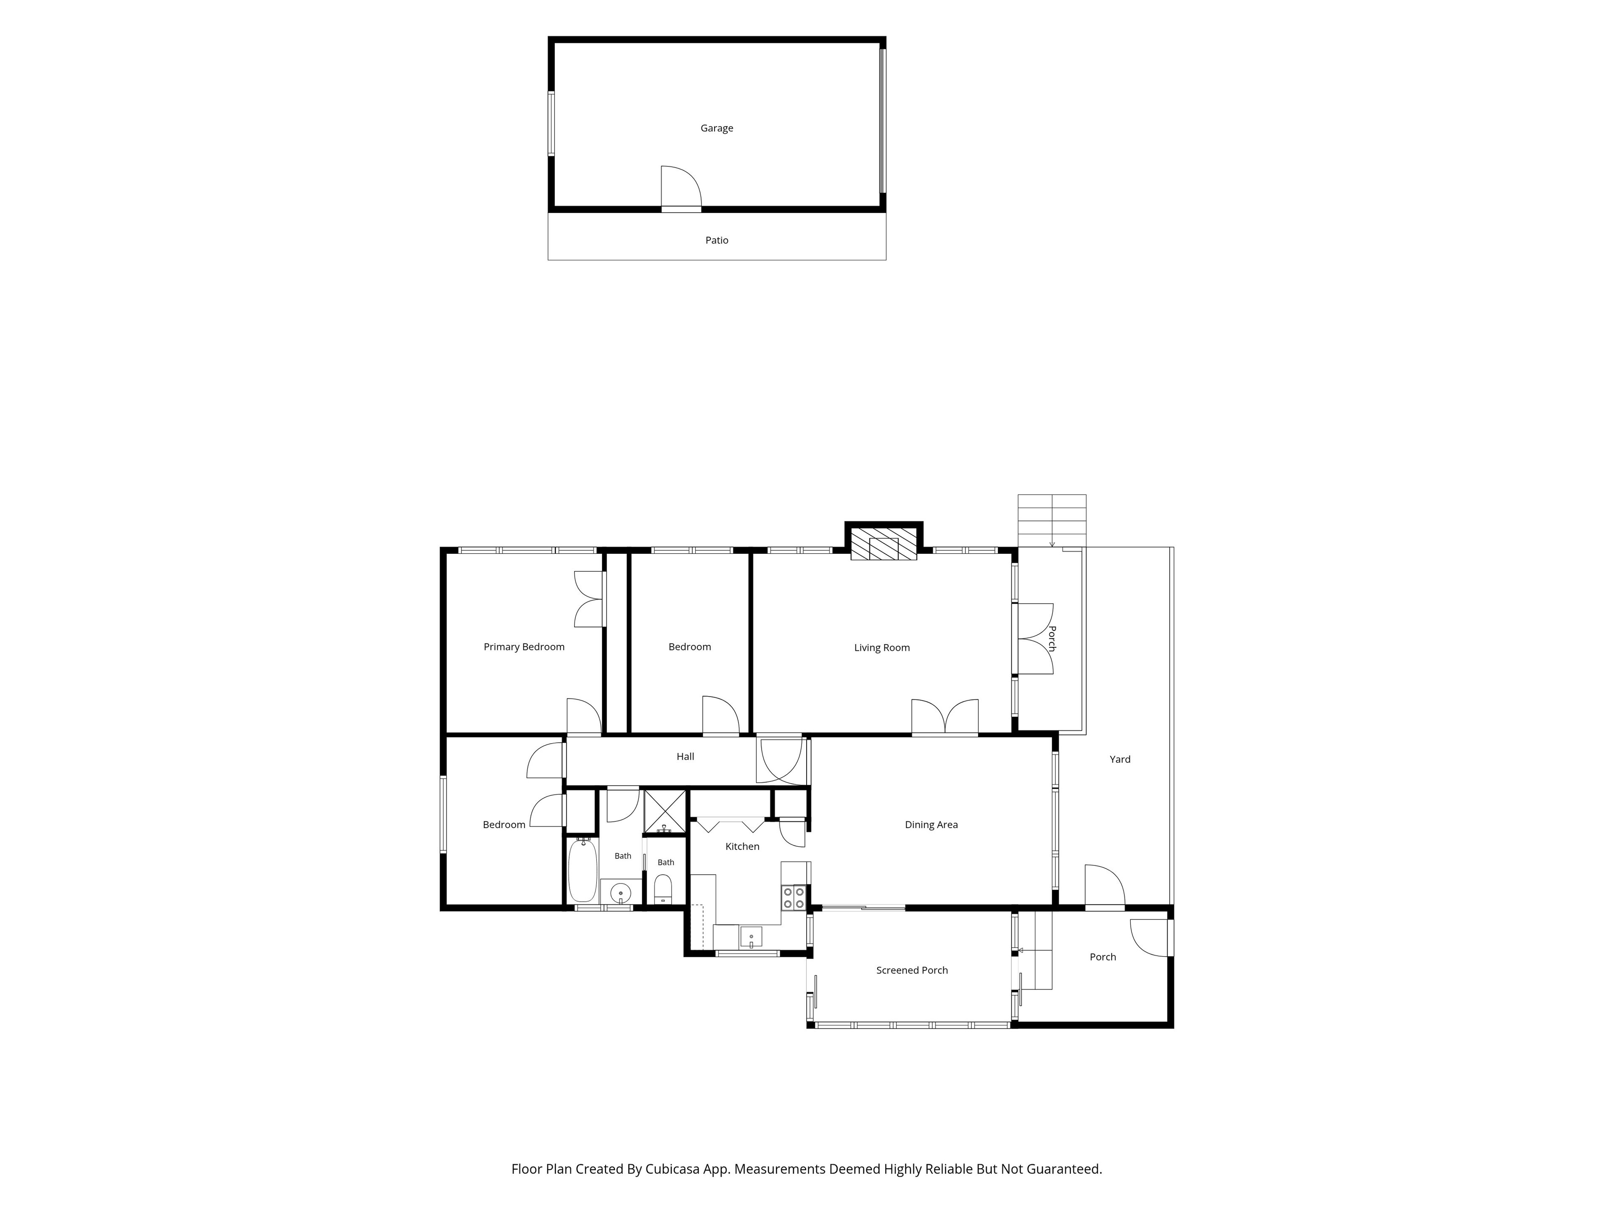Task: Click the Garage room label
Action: click(717, 129)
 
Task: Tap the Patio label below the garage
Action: click(717, 240)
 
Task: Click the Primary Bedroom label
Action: click(524, 647)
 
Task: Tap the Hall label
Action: click(685, 756)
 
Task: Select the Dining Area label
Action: click(931, 825)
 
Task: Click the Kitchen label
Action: click(742, 846)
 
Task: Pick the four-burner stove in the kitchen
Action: click(794, 897)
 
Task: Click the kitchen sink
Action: click(751, 936)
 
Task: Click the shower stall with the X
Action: click(665, 810)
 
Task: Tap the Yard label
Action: click(1120, 759)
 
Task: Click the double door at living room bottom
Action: click(945, 716)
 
